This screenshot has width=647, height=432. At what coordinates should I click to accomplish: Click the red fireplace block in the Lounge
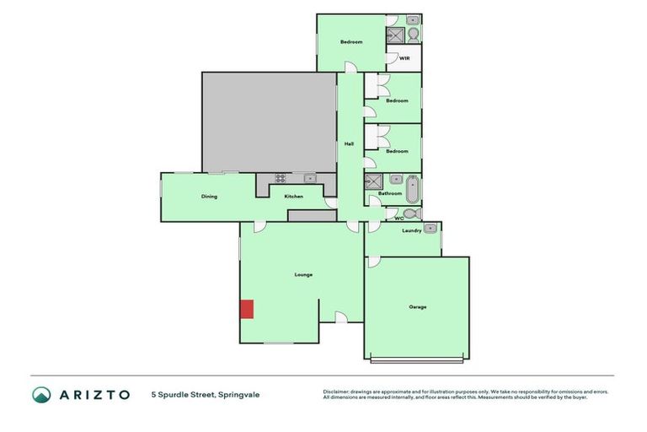pos(247,309)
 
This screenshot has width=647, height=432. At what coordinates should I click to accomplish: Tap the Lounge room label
pos(303,275)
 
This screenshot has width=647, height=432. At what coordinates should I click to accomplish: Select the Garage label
pos(417,306)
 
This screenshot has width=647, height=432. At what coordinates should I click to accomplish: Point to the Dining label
pos(209,197)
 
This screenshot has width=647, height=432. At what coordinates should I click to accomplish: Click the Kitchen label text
pos(293,197)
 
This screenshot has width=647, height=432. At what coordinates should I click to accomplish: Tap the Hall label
pos(349,144)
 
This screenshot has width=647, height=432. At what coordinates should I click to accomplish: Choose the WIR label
pos(404,58)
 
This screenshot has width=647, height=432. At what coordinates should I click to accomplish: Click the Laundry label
pos(411,230)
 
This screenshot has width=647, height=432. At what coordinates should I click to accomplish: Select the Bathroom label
pos(389,193)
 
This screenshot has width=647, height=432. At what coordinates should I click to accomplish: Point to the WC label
pos(398,219)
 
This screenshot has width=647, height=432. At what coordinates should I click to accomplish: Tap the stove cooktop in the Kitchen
pos(280,178)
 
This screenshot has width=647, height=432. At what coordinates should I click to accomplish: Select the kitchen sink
pos(309,178)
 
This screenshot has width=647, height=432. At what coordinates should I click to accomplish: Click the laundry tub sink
pos(430,228)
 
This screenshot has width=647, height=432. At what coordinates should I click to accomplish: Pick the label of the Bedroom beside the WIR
pos(351,42)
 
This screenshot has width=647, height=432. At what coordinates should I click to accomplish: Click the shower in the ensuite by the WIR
pos(395,35)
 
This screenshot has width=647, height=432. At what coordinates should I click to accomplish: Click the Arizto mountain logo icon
pos(41,394)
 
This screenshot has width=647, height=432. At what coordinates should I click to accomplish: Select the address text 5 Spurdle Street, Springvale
pos(206,394)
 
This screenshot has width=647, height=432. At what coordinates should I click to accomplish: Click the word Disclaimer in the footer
pos(336,391)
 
